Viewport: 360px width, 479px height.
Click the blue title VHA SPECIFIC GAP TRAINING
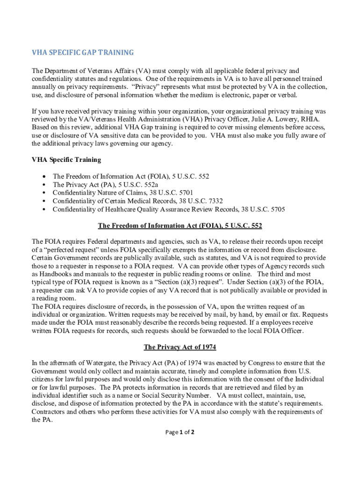click(83, 52)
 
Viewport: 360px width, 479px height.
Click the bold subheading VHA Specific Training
click(66, 160)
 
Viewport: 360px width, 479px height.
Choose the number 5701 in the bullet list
click(183, 192)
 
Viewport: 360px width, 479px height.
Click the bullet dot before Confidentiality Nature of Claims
click(44, 193)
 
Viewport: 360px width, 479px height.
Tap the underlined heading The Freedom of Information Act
click(180, 226)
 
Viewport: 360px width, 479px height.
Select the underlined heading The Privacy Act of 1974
click(180, 347)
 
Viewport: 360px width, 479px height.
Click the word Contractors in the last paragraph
click(49, 412)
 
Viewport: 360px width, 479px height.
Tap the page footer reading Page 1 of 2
click(180, 432)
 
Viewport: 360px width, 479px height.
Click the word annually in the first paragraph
click(45, 87)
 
